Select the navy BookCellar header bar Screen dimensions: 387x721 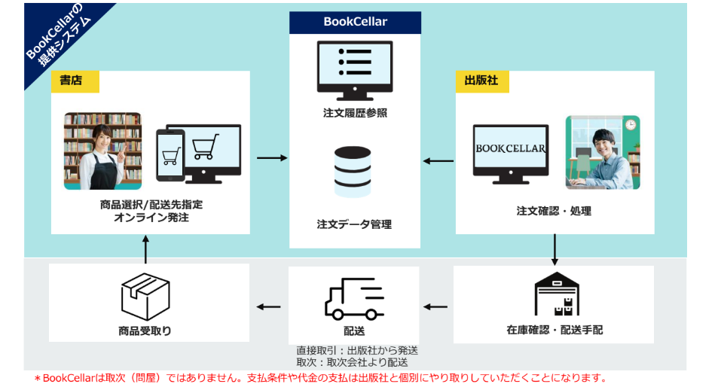point(355,22)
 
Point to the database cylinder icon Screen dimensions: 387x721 point(355,171)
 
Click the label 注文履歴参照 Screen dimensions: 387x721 point(355,113)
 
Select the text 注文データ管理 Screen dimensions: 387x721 point(355,224)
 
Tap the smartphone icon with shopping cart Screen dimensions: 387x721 point(170,155)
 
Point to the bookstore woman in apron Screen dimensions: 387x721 point(102,151)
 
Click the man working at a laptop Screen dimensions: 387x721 point(602,152)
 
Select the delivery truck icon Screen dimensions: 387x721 point(354,298)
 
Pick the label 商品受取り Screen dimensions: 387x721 point(145,331)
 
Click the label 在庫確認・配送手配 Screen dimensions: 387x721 point(554,331)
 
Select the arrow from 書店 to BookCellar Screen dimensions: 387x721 point(271,158)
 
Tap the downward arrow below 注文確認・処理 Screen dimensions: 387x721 point(554,248)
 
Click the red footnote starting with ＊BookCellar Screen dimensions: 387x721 point(319,378)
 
